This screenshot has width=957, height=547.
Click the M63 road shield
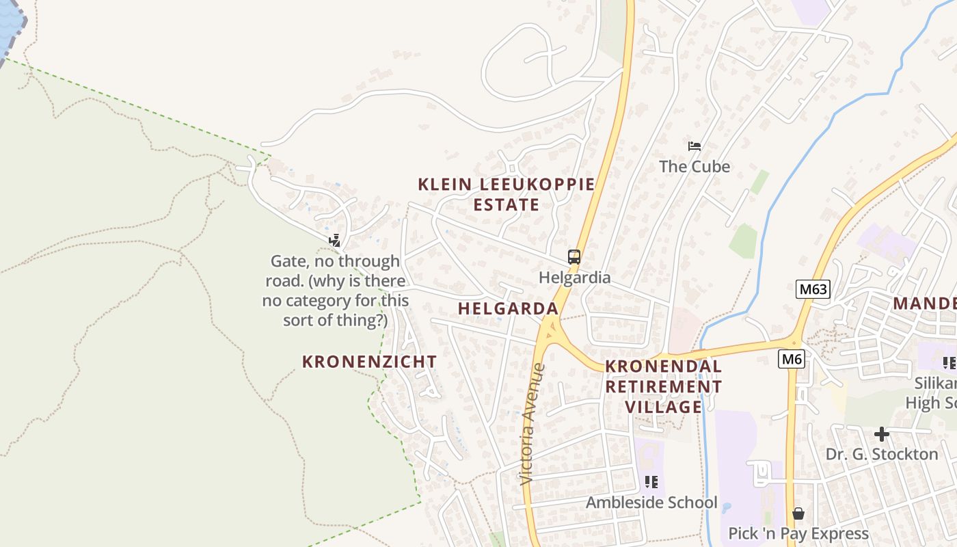tap(813, 289)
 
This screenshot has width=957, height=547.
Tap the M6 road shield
tap(791, 358)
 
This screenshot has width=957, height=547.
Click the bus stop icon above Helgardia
tap(574, 258)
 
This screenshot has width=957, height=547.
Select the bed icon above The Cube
tap(695, 146)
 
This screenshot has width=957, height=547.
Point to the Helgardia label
tap(574, 278)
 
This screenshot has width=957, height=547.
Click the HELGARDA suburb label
tap(508, 308)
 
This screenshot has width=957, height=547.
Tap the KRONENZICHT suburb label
tap(369, 362)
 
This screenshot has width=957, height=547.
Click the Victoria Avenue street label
tap(533, 424)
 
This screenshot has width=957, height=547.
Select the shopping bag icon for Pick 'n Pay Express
tap(798, 513)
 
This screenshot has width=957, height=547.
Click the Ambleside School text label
tap(651, 503)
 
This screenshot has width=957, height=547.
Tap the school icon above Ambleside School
tap(651, 482)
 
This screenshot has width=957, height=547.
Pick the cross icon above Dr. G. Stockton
tap(882, 433)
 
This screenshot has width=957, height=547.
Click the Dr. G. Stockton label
tap(882, 454)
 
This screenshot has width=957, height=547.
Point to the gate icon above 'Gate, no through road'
tap(335, 240)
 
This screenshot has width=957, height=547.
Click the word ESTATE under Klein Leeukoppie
tap(506, 204)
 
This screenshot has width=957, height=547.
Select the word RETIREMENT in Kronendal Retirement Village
tap(664, 386)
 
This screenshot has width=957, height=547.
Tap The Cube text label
tap(695, 166)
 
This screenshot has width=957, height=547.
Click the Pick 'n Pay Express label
tap(798, 533)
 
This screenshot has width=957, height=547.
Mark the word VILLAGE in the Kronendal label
tap(664, 407)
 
